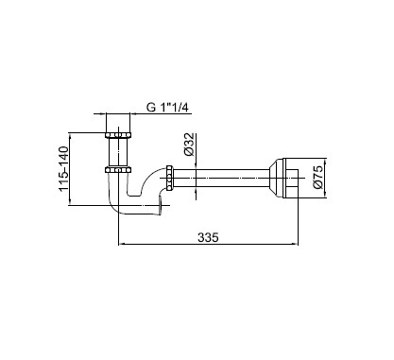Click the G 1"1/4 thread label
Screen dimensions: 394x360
(x=167, y=108)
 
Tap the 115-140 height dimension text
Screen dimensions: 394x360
(x=63, y=168)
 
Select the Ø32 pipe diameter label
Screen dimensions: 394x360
(x=189, y=145)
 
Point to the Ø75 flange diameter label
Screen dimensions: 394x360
(x=318, y=178)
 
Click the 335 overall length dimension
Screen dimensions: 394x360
(x=208, y=237)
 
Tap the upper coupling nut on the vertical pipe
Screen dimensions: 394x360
(x=118, y=135)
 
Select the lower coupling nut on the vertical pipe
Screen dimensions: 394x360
(x=118, y=170)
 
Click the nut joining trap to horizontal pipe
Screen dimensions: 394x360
(x=169, y=178)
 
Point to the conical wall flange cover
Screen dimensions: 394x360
(x=276, y=178)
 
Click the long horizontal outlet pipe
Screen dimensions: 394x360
(x=220, y=178)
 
